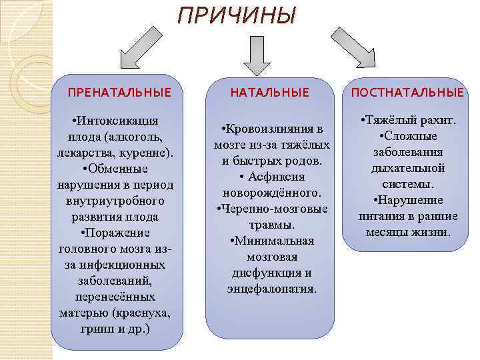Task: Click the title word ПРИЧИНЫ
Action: click(235, 15)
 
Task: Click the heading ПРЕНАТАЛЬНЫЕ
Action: click(120, 92)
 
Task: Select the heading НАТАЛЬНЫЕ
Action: click(270, 92)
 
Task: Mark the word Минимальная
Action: click(272, 241)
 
